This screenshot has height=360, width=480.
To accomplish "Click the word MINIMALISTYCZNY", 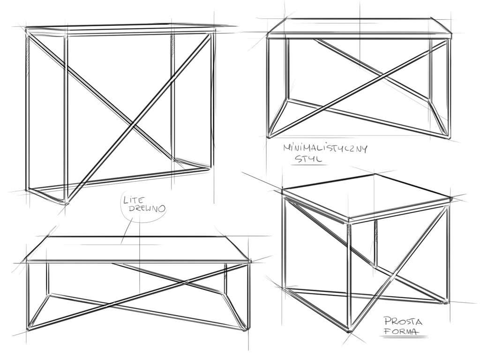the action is pyautogui.click(x=325, y=149).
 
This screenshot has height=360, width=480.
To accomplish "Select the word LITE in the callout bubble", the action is pyautogui.click(x=133, y=201).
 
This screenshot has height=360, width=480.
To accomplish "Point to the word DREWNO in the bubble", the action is pyautogui.click(x=147, y=209).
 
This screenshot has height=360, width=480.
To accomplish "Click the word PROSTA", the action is pyautogui.click(x=403, y=322).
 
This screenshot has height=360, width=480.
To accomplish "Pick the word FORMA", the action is pyautogui.click(x=401, y=331).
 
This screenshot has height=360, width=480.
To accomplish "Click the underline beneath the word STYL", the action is pyautogui.click(x=308, y=165).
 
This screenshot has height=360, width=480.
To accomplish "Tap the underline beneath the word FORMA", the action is pyautogui.click(x=404, y=337).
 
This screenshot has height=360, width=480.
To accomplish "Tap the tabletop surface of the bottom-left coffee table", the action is pyautogui.click(x=138, y=248).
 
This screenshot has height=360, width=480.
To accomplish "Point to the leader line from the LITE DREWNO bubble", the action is pyautogui.click(x=127, y=232).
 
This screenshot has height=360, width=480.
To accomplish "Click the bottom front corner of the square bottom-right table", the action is pyautogui.click(x=349, y=330).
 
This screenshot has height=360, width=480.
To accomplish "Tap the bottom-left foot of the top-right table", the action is pyautogui.click(x=269, y=136).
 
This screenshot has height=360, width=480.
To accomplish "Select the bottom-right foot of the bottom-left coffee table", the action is pyautogui.click(x=245, y=330).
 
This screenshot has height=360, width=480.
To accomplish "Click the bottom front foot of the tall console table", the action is pyautogui.click(x=67, y=202).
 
